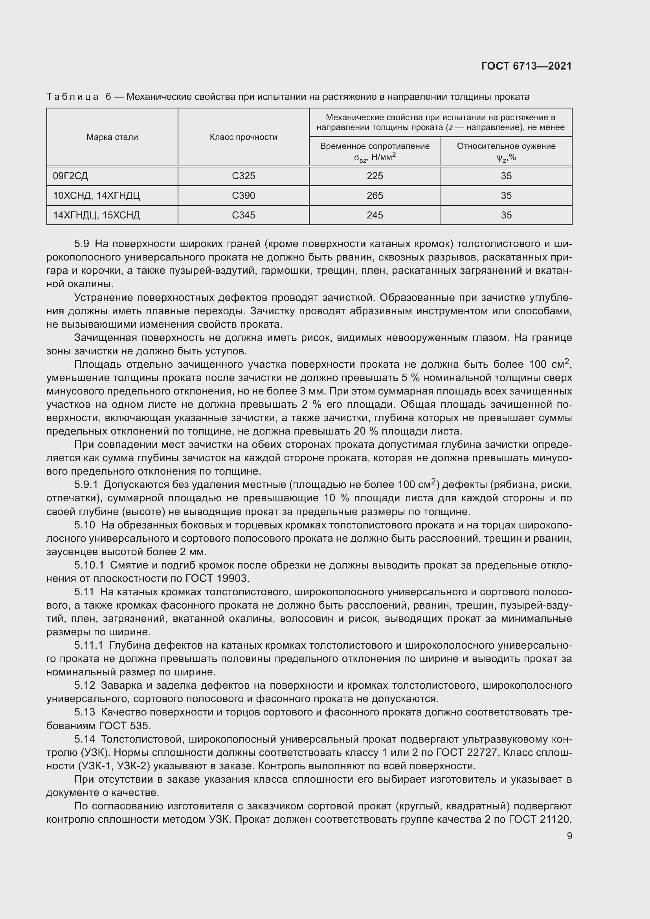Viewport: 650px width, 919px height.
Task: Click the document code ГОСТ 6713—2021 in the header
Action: (526, 66)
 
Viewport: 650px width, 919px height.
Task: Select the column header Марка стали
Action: (112, 137)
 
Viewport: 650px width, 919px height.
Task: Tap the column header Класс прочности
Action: (243, 137)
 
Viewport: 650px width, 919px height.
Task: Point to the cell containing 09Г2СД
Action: (70, 176)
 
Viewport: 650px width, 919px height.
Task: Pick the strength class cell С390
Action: (243, 195)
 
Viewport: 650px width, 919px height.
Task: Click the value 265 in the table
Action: (375, 195)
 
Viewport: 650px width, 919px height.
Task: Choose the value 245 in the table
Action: (375, 215)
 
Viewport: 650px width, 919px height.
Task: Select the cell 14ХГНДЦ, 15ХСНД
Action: (96, 215)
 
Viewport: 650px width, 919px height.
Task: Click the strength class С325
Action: (243, 176)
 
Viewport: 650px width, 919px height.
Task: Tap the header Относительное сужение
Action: (506, 146)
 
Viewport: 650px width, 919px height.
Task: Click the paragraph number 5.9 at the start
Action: (82, 244)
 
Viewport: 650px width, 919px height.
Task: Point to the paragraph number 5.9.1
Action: (86, 485)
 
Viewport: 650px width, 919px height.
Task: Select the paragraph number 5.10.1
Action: (89, 565)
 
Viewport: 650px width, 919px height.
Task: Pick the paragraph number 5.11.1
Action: (89, 645)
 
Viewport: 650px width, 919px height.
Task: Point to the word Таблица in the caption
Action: (72, 97)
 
